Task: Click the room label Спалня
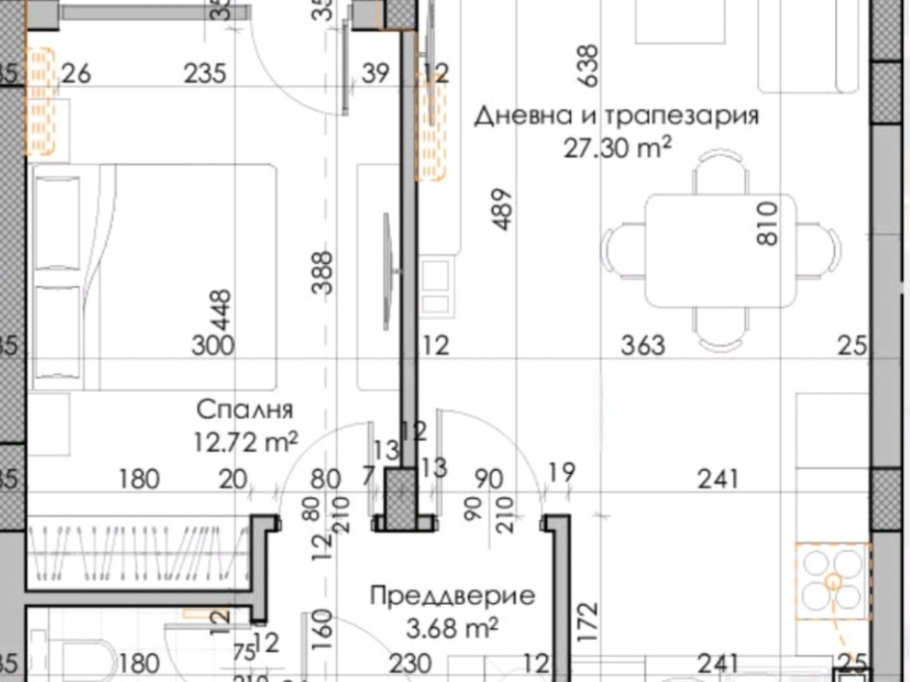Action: coord(244,408)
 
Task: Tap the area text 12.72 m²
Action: coord(245,442)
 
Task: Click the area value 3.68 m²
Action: coord(453,628)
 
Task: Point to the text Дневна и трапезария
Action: coord(616,117)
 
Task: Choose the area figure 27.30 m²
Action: coord(616,147)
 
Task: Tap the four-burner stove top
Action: coord(832,579)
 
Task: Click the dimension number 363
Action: coord(642,345)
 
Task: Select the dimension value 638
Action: coord(586,65)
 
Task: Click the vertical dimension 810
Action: coord(767,223)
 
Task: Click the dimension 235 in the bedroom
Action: coord(204,73)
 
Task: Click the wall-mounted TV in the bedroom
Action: coord(387,260)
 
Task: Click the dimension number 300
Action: coord(212,345)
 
